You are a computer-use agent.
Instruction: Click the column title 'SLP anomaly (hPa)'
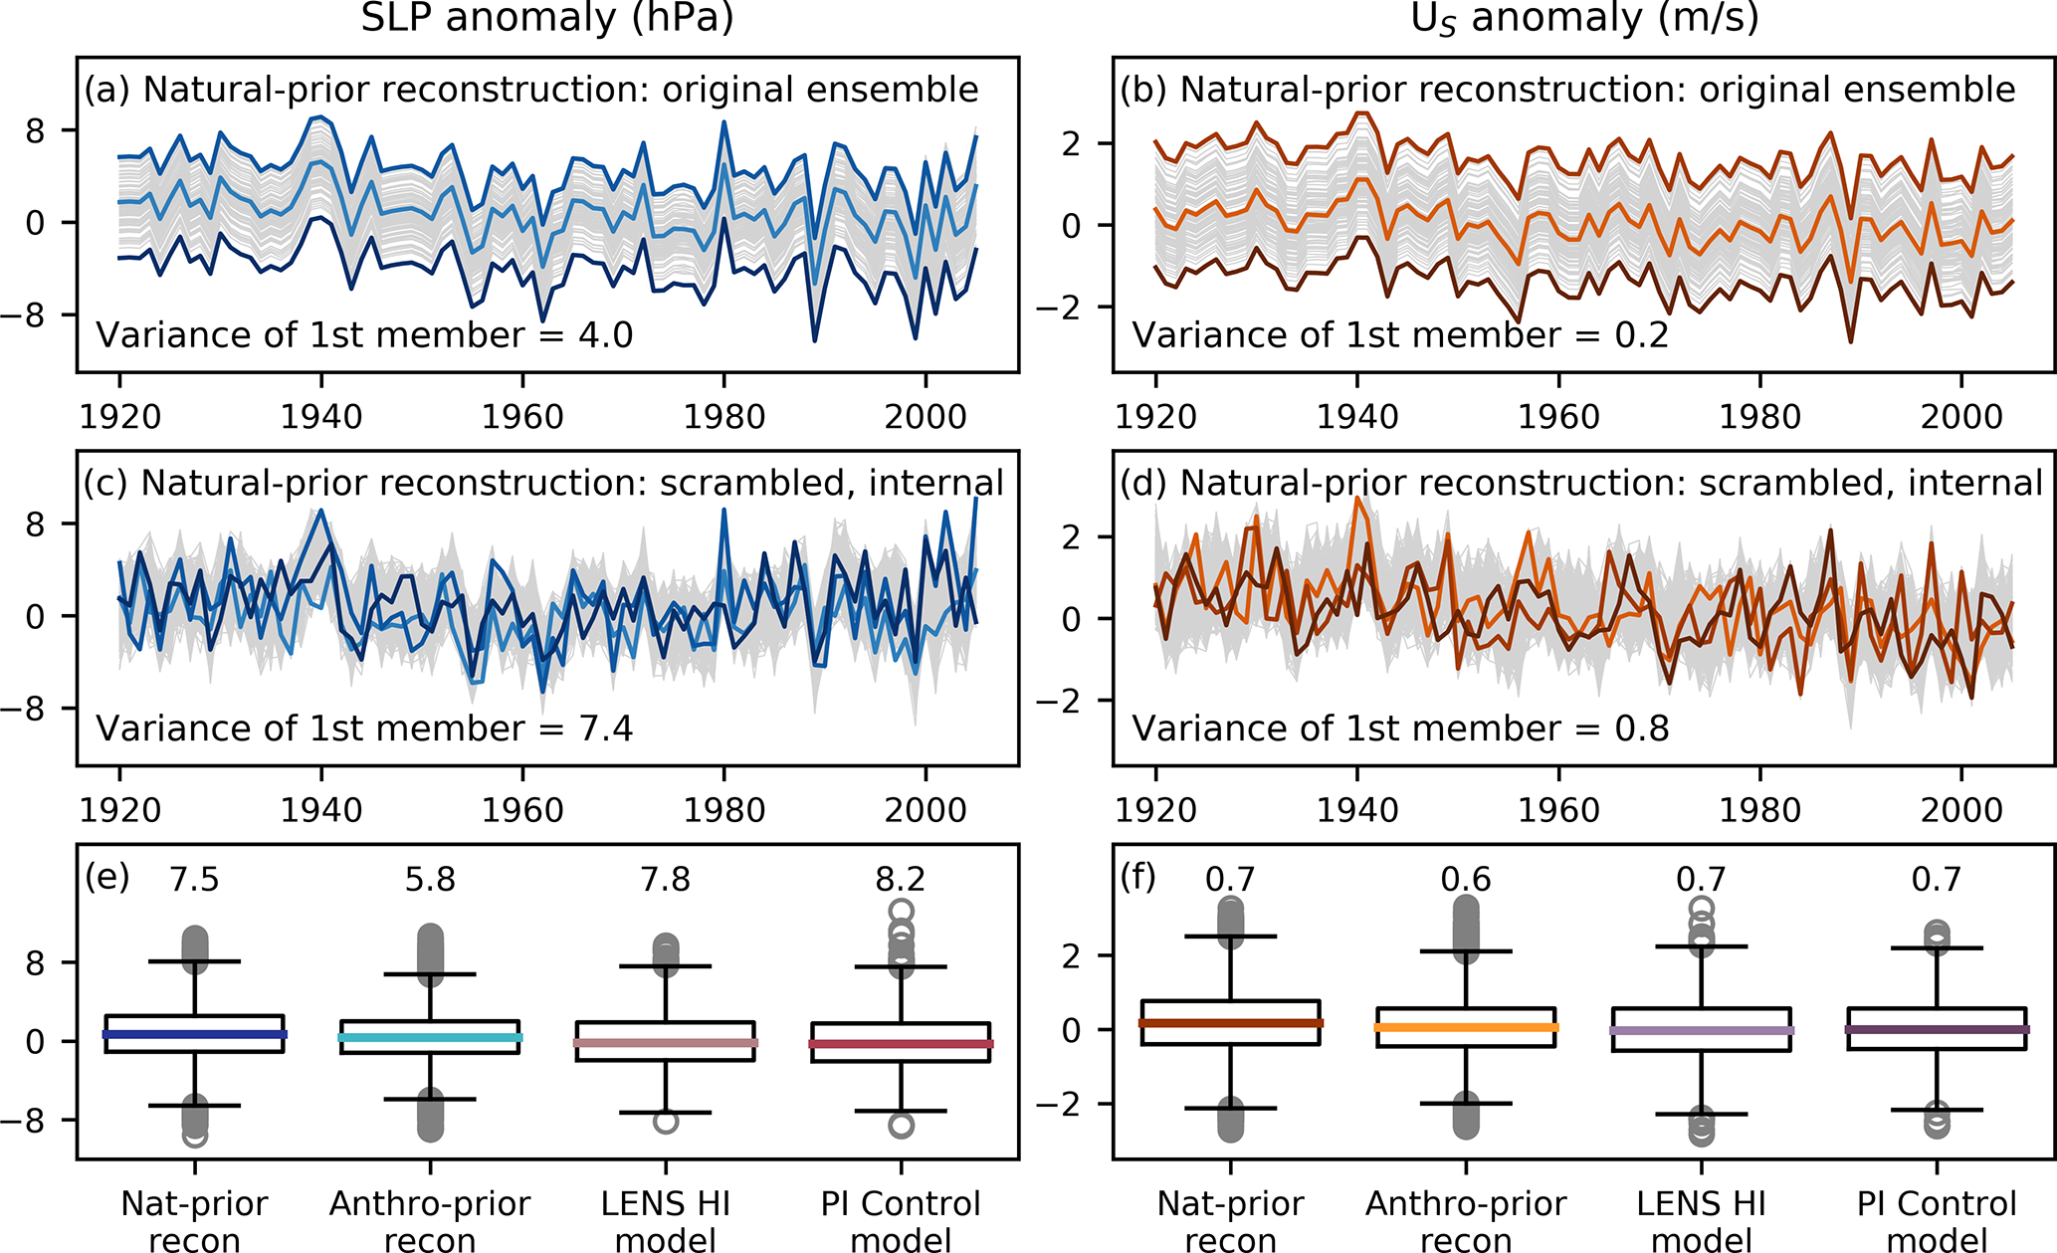pos(546,19)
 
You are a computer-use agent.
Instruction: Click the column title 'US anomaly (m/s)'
pos(1584,19)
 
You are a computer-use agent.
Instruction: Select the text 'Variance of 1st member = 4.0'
pos(364,335)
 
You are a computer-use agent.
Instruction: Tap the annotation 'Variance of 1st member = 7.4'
pos(364,729)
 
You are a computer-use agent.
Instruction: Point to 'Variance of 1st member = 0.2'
pos(1400,335)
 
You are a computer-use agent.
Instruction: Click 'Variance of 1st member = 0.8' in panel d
pos(1400,729)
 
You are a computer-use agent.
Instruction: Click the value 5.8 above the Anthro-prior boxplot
pos(430,880)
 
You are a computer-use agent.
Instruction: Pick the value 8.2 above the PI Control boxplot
pos(901,880)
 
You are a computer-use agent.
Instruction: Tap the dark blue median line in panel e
pos(195,1035)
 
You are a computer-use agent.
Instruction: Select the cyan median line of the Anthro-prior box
pos(430,1038)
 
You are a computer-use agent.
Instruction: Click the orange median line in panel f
pos(1466,1027)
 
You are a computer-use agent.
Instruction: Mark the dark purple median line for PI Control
pos(1937,1030)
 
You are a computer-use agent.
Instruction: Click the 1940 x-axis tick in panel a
pos(321,417)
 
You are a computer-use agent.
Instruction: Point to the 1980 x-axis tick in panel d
pos(1760,810)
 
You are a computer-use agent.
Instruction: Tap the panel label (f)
pos(1137,877)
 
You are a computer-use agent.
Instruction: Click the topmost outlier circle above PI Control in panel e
pos(901,910)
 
